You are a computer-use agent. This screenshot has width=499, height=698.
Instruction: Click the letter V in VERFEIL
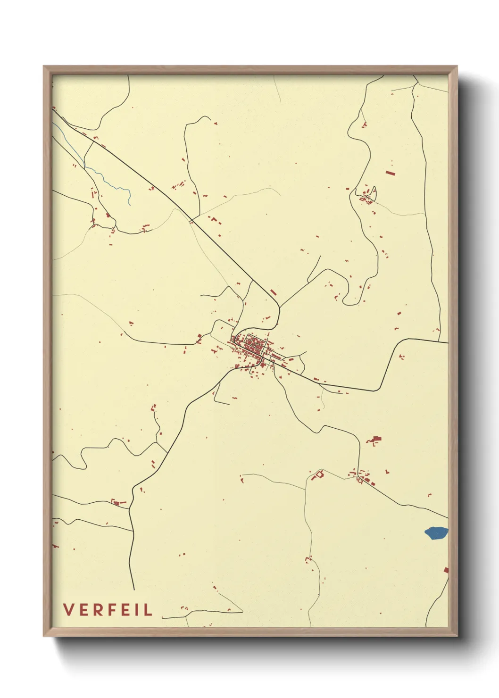tap(68, 610)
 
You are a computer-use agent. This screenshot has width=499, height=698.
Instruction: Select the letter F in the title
tap(109, 610)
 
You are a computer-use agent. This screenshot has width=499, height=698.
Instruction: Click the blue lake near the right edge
tap(436, 533)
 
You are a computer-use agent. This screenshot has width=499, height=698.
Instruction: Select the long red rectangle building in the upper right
tap(390, 173)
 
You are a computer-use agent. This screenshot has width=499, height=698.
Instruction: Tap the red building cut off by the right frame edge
tap(446, 570)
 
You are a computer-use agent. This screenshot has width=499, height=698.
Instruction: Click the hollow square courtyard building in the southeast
tap(319, 474)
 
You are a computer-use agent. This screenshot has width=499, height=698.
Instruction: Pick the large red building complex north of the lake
tap(375, 440)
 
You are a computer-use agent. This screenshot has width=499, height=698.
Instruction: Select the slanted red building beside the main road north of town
tap(273, 292)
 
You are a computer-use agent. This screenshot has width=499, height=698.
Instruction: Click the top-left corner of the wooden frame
tap(44, 66)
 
